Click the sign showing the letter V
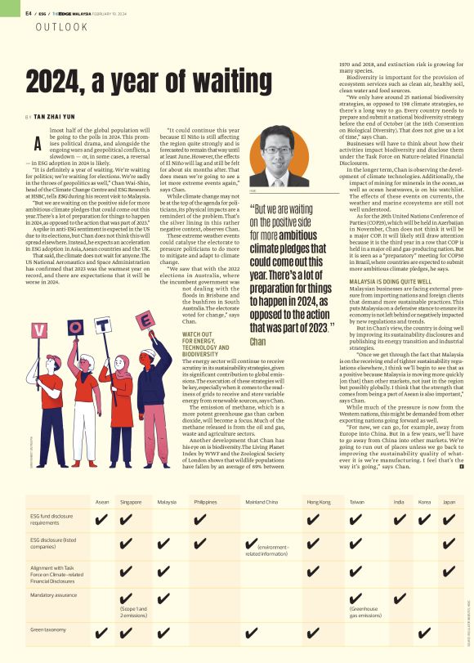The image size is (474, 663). (x=39, y=331)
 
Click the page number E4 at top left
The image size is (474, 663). (x=29, y=12)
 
